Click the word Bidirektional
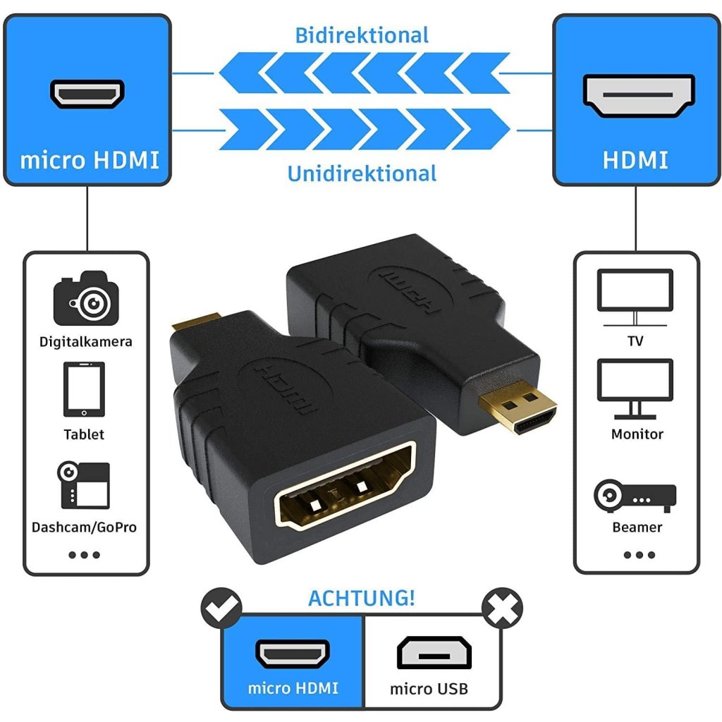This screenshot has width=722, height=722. tap(362, 35)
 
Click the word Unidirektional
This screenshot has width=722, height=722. tap(362, 173)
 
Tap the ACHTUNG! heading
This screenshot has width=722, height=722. tap(362, 598)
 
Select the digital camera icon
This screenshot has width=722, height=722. tap(86, 298)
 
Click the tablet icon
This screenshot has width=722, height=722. tap(84, 390)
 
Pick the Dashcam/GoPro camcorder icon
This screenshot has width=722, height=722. tap(84, 485)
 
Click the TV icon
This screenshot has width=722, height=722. tap(635, 296)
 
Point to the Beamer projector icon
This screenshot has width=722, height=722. tap(635, 495)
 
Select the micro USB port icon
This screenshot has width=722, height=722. tap(434, 652)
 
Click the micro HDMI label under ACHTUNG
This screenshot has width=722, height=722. tap(293, 688)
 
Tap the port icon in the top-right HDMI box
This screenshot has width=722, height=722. tap(639, 95)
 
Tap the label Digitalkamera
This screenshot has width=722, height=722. tap(86, 342)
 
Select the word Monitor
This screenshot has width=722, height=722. tap(637, 434)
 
